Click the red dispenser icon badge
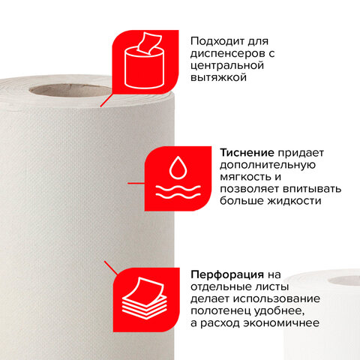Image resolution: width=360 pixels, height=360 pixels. click(145, 62)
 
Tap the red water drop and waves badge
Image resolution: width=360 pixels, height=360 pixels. click(178, 178)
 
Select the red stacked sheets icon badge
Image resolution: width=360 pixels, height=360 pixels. click(146, 300)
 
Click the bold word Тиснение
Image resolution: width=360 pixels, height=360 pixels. click(247, 153)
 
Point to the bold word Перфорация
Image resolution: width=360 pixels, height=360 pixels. click(227, 274)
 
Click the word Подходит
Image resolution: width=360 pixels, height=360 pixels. click(217, 41)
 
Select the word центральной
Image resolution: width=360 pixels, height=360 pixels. click(227, 66)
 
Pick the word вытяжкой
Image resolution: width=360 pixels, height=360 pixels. click(218, 77)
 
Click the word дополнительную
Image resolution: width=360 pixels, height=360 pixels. click(268, 165)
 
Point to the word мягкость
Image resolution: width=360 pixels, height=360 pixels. click(245, 177)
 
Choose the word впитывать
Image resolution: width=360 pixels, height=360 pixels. click(312, 189)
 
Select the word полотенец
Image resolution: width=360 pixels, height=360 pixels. click(220, 311)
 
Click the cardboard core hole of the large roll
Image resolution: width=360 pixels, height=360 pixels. click(70, 90)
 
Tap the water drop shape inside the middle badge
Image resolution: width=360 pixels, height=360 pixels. click(178, 168)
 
